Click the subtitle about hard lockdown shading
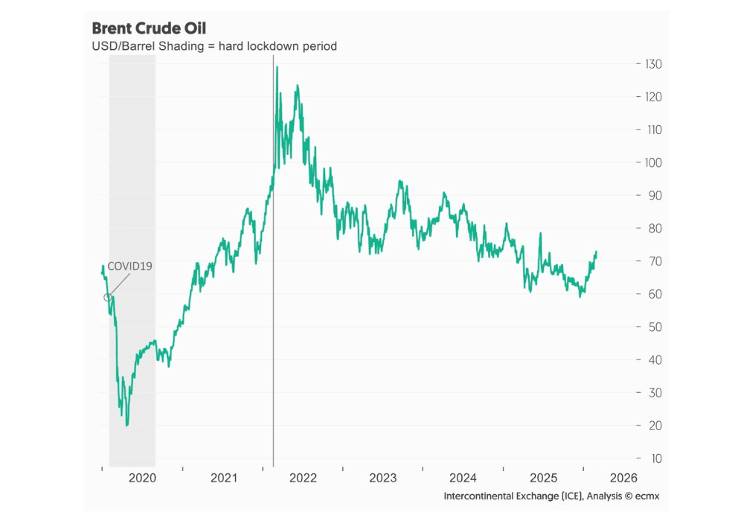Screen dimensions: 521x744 214,46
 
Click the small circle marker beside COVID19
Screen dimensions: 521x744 107,297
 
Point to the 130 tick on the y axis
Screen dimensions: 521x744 652,64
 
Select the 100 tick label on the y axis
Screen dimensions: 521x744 652,162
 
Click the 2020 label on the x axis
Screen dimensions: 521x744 142,478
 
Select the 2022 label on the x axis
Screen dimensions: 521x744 303,478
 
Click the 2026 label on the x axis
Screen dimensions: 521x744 623,478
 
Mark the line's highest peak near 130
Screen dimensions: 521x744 277,67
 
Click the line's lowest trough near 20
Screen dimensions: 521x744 126,425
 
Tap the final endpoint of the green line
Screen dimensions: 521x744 596,252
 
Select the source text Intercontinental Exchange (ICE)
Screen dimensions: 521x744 513,496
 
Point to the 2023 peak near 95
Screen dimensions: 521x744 400,181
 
